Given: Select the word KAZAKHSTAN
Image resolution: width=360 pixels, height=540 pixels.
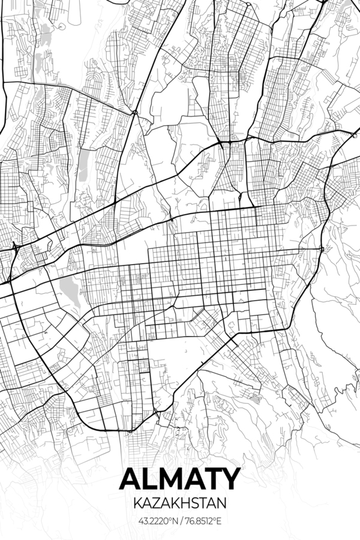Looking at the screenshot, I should [x=180, y=499].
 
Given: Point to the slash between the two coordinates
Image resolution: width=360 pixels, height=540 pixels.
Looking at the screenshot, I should [x=181, y=520].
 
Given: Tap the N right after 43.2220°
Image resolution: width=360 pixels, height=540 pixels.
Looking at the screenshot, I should [x=174, y=520].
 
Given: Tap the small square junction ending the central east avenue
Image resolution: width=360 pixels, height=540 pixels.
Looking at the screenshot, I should [x=322, y=249].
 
